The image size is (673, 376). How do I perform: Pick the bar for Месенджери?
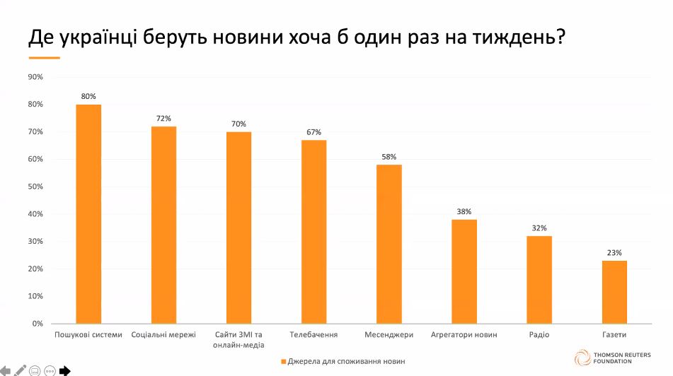[389, 244]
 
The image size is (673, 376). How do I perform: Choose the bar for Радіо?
[539, 279]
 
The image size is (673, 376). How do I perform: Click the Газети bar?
[614, 292]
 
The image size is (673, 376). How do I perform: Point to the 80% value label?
[88, 96]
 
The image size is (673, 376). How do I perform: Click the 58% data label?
[389, 157]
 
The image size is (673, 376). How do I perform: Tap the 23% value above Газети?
[614, 252]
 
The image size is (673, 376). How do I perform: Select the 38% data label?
[464, 211]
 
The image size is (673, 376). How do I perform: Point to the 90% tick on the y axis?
[35, 77]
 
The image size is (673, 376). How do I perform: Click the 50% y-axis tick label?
[35, 187]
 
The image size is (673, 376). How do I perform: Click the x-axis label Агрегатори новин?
[464, 334]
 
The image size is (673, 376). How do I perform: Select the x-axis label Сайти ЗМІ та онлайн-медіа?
[238, 339]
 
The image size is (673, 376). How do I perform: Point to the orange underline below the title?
[49, 57]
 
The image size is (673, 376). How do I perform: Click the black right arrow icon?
[64, 370]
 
